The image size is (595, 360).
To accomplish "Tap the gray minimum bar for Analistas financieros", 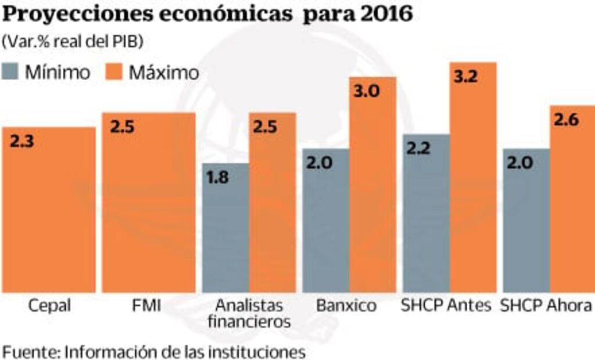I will tap(225, 232).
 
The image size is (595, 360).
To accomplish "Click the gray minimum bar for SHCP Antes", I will tap(426, 215).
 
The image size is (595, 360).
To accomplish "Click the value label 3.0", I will tap(367, 91).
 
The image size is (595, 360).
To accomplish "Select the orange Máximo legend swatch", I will tap(114, 72).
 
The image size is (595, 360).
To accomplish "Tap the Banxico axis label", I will tap(346, 305).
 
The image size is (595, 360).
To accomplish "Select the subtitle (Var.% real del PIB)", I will tap(73, 42).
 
